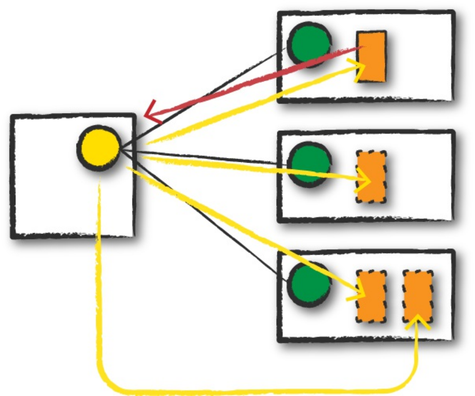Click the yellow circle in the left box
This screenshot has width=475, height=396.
pos(99,147)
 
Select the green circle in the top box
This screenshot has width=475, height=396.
pos(309,44)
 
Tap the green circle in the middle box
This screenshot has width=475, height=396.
pos(309,164)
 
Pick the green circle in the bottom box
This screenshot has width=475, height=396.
pos(309,283)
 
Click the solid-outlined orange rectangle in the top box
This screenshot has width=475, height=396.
pos(371,57)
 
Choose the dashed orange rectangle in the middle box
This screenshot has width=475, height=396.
pos(371,177)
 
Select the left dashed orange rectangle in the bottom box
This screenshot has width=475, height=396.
pos(371,296)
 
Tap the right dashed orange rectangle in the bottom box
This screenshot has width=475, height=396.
pos(418,296)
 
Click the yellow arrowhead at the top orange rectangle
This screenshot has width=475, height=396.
pos(360,68)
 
